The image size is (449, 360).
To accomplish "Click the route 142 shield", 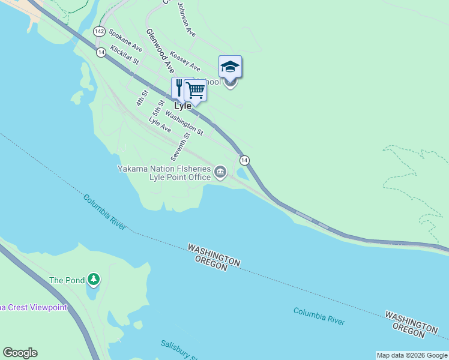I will point(100,31).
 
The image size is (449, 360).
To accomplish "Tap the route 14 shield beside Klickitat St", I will point(101,53).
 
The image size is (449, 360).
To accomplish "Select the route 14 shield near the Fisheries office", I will point(244,160).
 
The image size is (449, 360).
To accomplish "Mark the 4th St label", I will point(142,98).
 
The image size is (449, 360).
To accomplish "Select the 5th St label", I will point(158,108).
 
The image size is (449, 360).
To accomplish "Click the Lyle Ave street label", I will point(160,125).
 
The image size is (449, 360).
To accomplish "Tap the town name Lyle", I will point(182,106).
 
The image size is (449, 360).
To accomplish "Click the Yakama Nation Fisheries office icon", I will point(220,173).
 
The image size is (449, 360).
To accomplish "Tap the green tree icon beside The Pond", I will point(93,279).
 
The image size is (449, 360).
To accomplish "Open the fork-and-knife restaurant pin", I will point(179,88).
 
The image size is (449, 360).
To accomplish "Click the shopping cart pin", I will point(196,90).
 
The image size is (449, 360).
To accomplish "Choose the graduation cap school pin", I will point(230,66).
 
